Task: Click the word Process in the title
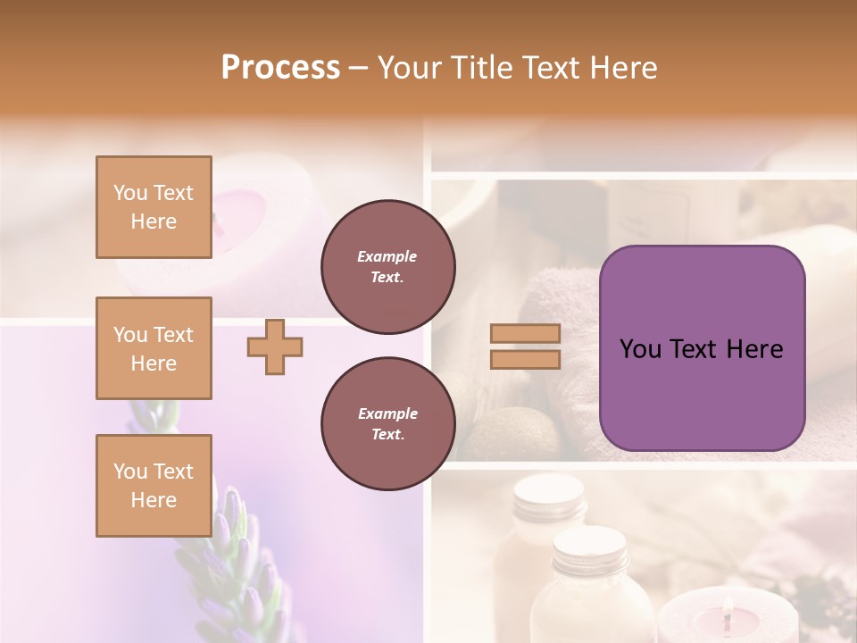280,67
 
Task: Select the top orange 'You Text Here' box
154,207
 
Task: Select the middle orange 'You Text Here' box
154,348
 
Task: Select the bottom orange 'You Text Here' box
154,485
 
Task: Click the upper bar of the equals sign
526,334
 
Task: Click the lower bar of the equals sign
526,359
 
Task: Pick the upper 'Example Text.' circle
387,266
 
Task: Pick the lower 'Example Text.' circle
387,423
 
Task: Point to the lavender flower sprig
232,554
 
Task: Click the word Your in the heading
412,67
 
